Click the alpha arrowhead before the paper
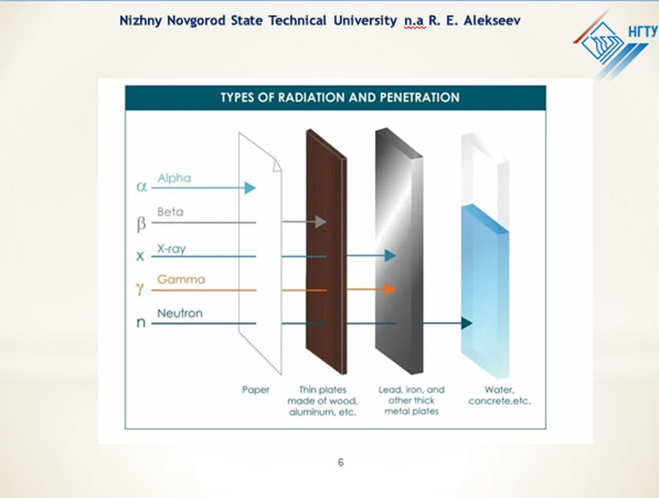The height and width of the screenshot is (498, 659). (x=250, y=188)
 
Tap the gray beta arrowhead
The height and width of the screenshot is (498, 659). (x=321, y=221)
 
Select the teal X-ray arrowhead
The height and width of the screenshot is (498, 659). (x=390, y=256)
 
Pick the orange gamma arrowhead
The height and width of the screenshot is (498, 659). (x=390, y=289)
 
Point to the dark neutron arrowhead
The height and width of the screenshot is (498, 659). (x=467, y=323)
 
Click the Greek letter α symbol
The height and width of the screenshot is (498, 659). (x=141, y=186)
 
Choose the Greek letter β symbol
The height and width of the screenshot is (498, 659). (x=141, y=223)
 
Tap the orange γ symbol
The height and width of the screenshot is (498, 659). (x=140, y=289)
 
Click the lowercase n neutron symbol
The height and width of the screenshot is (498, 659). (x=141, y=322)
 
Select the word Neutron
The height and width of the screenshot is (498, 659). (x=180, y=313)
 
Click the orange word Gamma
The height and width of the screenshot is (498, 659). (x=181, y=280)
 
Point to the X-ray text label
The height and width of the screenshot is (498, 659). (x=171, y=249)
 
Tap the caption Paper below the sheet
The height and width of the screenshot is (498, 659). (x=256, y=390)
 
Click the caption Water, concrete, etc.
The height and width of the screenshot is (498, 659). (x=499, y=395)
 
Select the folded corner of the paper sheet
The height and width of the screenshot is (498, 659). (x=277, y=166)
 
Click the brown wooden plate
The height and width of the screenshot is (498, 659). (x=326, y=251)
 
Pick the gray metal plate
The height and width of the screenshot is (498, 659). (x=399, y=250)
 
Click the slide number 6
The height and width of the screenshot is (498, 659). (x=340, y=462)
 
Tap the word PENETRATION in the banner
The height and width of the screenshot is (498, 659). (x=420, y=97)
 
